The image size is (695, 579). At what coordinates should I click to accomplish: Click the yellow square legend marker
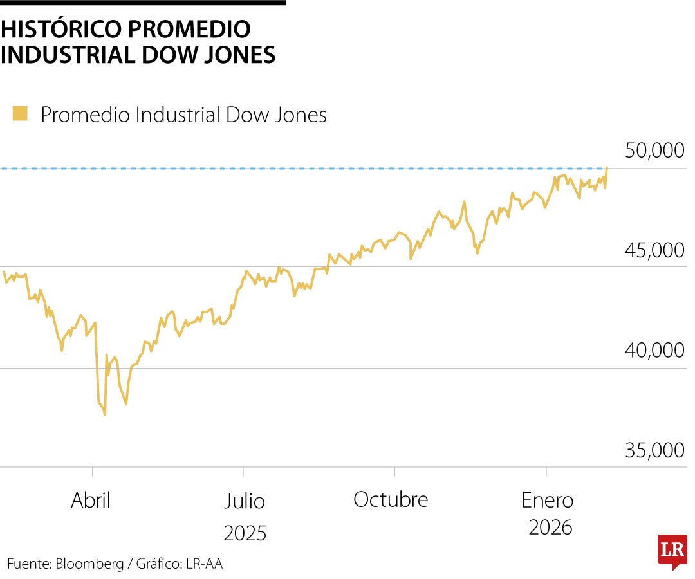click(x=20, y=114)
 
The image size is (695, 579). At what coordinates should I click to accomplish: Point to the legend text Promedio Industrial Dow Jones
click(x=183, y=115)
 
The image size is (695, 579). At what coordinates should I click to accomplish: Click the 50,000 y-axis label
click(x=654, y=151)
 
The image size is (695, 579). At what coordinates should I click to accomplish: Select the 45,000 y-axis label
click(x=654, y=250)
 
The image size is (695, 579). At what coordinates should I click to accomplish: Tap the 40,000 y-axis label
click(x=654, y=351)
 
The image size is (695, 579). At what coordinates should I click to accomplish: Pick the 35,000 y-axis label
click(x=654, y=450)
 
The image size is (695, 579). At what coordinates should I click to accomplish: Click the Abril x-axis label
click(x=91, y=500)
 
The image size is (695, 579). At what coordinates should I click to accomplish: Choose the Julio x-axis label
click(x=245, y=501)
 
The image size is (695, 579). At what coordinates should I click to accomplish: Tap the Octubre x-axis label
click(x=391, y=499)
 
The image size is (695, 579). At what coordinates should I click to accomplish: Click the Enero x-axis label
click(x=548, y=499)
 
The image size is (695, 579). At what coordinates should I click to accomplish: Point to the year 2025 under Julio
click(x=245, y=533)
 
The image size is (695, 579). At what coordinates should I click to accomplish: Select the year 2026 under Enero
click(x=550, y=528)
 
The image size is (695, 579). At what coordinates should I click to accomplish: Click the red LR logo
click(x=672, y=550)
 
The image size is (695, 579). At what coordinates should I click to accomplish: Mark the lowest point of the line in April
click(x=105, y=415)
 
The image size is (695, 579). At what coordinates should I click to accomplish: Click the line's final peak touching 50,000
click(x=607, y=168)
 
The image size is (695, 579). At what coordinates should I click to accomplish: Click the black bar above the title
click(x=142, y=3)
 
